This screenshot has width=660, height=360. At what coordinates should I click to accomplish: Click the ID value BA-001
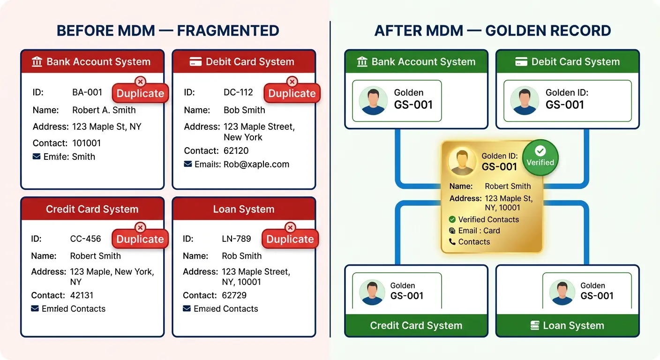[87, 92]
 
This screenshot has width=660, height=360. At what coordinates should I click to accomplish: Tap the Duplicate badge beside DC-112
[292, 93]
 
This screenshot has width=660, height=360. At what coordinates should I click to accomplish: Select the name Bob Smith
[244, 110]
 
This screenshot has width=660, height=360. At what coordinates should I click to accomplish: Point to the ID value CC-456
[85, 239]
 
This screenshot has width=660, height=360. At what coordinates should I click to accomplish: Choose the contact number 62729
[235, 295]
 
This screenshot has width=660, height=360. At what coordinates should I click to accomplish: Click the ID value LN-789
[236, 239]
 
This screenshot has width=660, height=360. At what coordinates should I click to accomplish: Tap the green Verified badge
[540, 157]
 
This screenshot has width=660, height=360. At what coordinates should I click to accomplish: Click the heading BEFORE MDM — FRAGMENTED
[168, 31]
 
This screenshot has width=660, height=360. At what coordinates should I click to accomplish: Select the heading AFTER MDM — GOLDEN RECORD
[493, 31]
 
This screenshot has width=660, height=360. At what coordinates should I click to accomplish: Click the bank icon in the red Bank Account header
[37, 62]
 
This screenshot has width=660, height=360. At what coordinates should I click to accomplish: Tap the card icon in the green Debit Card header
[521, 62]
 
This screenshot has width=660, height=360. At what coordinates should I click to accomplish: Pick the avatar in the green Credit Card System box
[372, 292]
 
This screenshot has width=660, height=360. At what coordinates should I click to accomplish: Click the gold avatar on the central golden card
[462, 162]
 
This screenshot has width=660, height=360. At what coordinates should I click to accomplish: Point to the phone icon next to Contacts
[452, 242]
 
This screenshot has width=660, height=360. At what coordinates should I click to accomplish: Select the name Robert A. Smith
[104, 110]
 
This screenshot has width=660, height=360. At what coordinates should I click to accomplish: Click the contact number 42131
[82, 295]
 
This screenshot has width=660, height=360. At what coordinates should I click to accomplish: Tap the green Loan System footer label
[573, 326]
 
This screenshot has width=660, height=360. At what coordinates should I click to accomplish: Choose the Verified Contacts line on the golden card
[488, 219]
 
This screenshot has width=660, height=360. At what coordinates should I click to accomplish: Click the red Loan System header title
[244, 209]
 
